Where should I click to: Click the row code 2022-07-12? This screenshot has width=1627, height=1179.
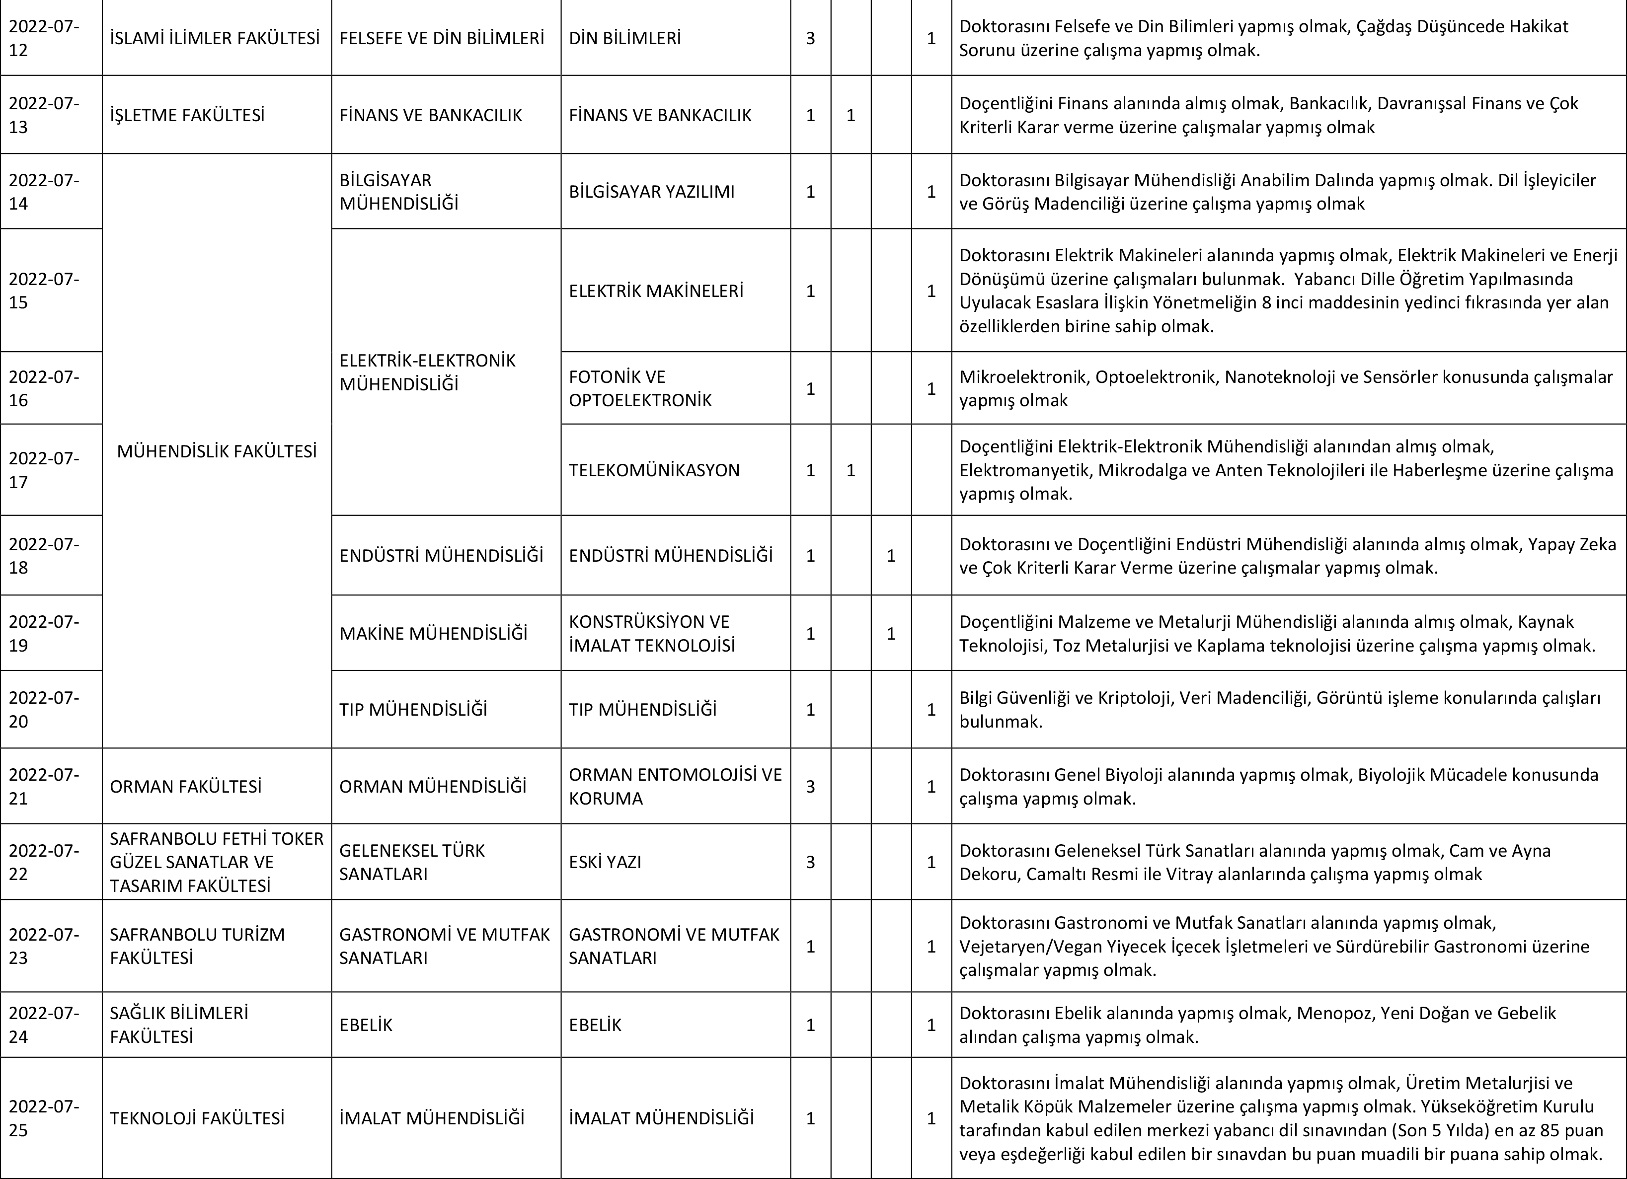(x=45, y=38)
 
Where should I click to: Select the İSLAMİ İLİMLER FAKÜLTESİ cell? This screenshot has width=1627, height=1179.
(x=215, y=38)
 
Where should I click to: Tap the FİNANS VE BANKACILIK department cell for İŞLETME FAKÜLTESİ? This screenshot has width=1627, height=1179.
(x=430, y=115)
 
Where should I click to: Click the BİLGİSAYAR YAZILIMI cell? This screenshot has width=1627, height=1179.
(x=651, y=192)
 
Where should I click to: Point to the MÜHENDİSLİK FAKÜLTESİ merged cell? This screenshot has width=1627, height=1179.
(x=216, y=451)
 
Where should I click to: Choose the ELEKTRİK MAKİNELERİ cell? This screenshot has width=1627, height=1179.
(x=656, y=291)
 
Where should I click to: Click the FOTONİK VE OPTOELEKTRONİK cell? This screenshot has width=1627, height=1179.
(x=640, y=388)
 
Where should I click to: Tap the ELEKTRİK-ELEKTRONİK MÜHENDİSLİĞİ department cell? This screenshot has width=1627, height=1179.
(x=428, y=371)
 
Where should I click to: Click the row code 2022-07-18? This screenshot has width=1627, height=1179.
(x=45, y=555)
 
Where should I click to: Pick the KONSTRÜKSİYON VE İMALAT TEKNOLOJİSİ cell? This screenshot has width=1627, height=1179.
(x=651, y=633)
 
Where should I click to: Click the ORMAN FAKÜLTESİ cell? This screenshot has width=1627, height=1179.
(x=185, y=787)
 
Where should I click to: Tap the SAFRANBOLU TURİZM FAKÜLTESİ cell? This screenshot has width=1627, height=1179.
(x=197, y=946)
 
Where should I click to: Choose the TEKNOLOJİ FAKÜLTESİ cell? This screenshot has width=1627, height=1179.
(x=197, y=1118)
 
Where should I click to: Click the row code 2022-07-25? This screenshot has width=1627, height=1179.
(x=45, y=1118)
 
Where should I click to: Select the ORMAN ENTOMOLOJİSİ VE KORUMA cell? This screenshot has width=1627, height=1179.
(x=674, y=787)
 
